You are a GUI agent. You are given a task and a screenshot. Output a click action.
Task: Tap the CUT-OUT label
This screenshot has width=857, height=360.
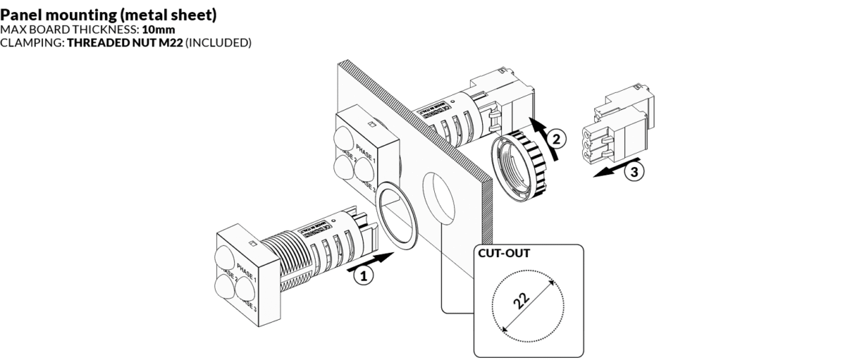[x=500, y=253]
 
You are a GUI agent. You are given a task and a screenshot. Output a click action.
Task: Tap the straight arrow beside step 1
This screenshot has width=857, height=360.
[x=371, y=261]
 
